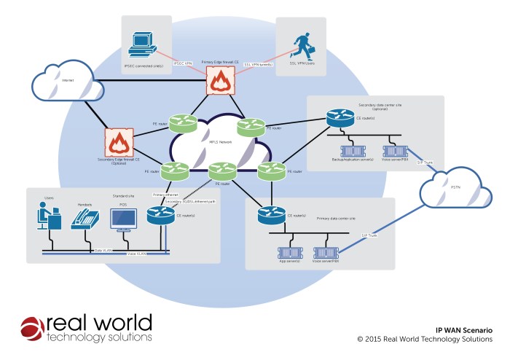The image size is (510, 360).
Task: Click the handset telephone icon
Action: click(85, 219)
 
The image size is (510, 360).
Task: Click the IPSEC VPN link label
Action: click(183, 64)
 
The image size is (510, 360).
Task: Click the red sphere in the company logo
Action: click(33, 329)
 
